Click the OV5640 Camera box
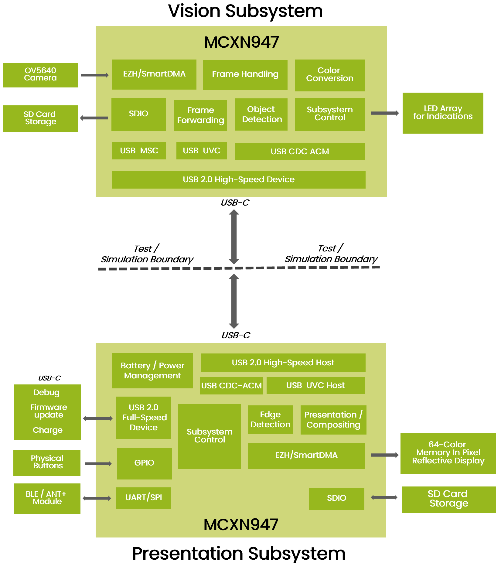[x=40, y=75]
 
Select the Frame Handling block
[x=245, y=75]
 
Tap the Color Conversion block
[x=330, y=75]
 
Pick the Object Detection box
[x=261, y=114]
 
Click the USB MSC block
[x=139, y=151]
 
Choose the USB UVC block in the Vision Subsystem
[x=202, y=151]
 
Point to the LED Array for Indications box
[x=443, y=113]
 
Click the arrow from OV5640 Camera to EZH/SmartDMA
[x=95, y=75]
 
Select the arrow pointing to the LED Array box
[x=384, y=113]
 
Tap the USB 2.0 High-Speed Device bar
[x=239, y=179]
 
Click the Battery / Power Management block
[x=152, y=370]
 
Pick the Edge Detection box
[x=270, y=420]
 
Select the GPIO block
[x=144, y=463]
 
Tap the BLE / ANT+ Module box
[x=47, y=499]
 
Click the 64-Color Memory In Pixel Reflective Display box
[x=448, y=453]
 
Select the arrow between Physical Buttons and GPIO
[x=98, y=464]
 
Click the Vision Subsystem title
[x=245, y=11]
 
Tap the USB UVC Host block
[x=315, y=385]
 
